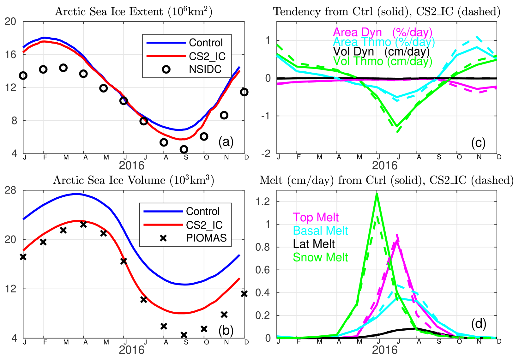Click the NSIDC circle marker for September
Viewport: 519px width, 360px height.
click(184, 149)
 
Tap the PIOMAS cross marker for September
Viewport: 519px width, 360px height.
click(184, 335)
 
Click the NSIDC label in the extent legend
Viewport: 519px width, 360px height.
click(205, 69)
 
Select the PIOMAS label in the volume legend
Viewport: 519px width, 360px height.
click(206, 238)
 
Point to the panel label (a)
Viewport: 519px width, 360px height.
click(226, 142)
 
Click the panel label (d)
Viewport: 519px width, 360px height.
click(479, 324)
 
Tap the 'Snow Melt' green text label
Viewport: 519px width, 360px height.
click(320, 257)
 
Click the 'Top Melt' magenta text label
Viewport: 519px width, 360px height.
click(316, 217)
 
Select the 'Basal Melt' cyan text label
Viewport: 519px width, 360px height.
click(320, 231)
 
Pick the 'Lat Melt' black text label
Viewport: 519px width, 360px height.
click(314, 244)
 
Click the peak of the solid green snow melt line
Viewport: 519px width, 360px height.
click(377, 193)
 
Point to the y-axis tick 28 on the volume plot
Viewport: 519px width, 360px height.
click(11, 190)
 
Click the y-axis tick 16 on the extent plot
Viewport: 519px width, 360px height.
click(11, 55)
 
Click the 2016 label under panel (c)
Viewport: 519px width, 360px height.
click(385, 165)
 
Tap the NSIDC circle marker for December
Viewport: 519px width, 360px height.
click(244, 92)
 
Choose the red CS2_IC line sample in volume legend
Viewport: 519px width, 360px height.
click(163, 225)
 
